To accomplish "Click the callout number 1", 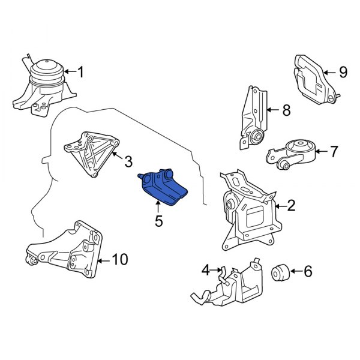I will pyautogui.click(x=80, y=73).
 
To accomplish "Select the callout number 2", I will pyautogui.click(x=291, y=206).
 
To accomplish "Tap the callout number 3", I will pyautogui.click(x=128, y=161).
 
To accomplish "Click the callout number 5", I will pyautogui.click(x=158, y=221).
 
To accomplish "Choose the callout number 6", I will pyautogui.click(x=308, y=272).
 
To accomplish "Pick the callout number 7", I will pyautogui.click(x=334, y=151).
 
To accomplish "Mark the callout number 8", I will pyautogui.click(x=286, y=110).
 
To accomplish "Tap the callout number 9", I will pyautogui.click(x=343, y=73).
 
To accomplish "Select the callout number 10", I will pyautogui.click(x=120, y=260).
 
